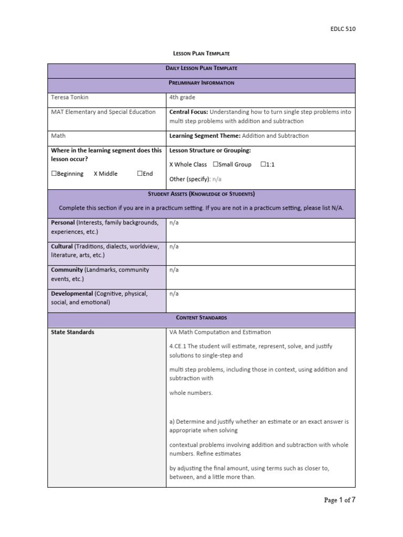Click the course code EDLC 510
click(343, 29)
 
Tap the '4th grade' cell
click(182, 97)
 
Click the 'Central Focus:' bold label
click(188, 112)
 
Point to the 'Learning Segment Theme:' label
click(204, 136)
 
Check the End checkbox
click(140, 174)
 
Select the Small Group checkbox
click(216, 165)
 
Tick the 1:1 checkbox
click(263, 165)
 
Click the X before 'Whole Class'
click(172, 165)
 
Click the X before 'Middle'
click(96, 174)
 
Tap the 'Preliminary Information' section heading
click(201, 83)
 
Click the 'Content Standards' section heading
click(201, 318)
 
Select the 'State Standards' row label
click(72, 332)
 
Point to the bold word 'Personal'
click(62, 222)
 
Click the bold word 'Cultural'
click(61, 246)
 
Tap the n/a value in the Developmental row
click(174, 294)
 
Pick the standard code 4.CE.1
click(178, 347)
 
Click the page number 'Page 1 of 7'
click(340, 500)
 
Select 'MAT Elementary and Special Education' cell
click(103, 112)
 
